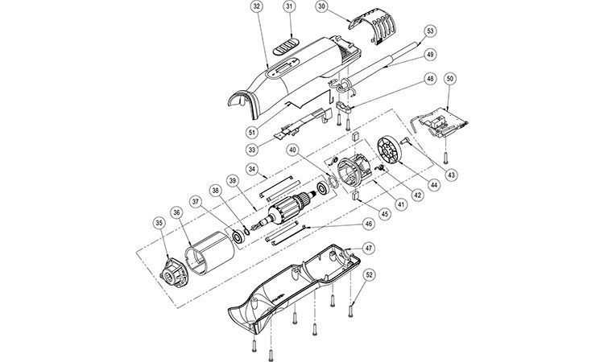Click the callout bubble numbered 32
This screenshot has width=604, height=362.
(258, 7)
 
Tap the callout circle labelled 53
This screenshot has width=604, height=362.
(430, 31)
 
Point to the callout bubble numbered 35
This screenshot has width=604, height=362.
(159, 222)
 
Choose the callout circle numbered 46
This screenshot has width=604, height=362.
(369, 224)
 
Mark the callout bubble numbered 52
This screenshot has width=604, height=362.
(370, 274)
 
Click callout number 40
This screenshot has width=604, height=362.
(293, 150)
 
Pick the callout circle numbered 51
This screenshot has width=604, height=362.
(252, 133)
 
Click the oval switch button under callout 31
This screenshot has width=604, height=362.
(286, 46)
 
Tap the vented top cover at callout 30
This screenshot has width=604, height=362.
(373, 25)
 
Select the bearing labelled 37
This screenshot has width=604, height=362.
(238, 236)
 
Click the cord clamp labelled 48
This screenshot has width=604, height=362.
(344, 106)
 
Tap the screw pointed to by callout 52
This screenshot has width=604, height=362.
(350, 311)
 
